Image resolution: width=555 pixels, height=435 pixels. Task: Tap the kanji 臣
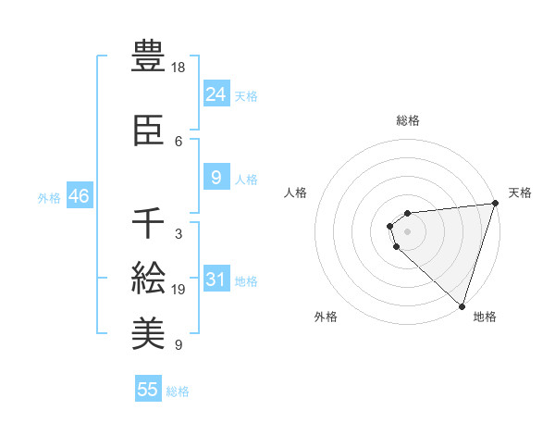[149, 130]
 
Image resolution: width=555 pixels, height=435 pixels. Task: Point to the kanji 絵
[149, 278]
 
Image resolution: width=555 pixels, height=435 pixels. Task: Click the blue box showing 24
[216, 94]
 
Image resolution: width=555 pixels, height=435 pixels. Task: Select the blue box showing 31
[216, 280]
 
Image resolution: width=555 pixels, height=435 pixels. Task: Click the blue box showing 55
[148, 390]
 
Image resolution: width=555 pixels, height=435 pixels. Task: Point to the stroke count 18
[179, 68]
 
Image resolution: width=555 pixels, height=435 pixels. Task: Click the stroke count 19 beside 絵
[179, 290]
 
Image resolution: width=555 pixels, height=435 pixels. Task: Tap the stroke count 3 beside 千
[178, 234]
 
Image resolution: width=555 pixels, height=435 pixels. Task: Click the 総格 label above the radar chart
[408, 120]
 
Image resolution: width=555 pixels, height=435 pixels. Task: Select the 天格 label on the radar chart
[520, 193]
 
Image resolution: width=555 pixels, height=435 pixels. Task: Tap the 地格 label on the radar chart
[485, 317]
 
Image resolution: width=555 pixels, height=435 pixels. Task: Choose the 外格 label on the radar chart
[326, 317]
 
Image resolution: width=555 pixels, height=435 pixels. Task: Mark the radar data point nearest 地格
[462, 306]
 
